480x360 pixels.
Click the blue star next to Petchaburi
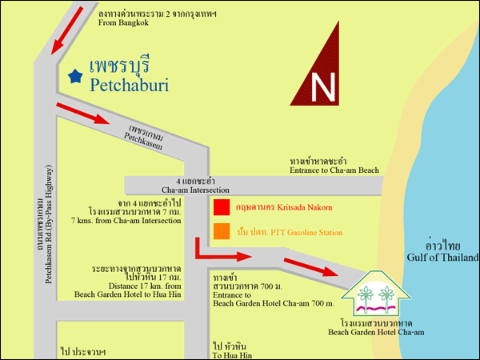[x=75, y=76]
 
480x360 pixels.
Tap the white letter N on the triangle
[x=322, y=88]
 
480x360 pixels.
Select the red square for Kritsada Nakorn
[x=221, y=208]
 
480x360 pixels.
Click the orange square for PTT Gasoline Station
[x=221, y=232]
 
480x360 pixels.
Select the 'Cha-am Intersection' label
[x=195, y=190]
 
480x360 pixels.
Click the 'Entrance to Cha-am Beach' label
[x=334, y=170]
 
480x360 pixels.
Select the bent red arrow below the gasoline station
[x=220, y=254]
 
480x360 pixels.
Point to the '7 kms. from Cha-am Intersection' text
[x=126, y=220]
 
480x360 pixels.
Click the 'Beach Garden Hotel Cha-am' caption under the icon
[x=375, y=331]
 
